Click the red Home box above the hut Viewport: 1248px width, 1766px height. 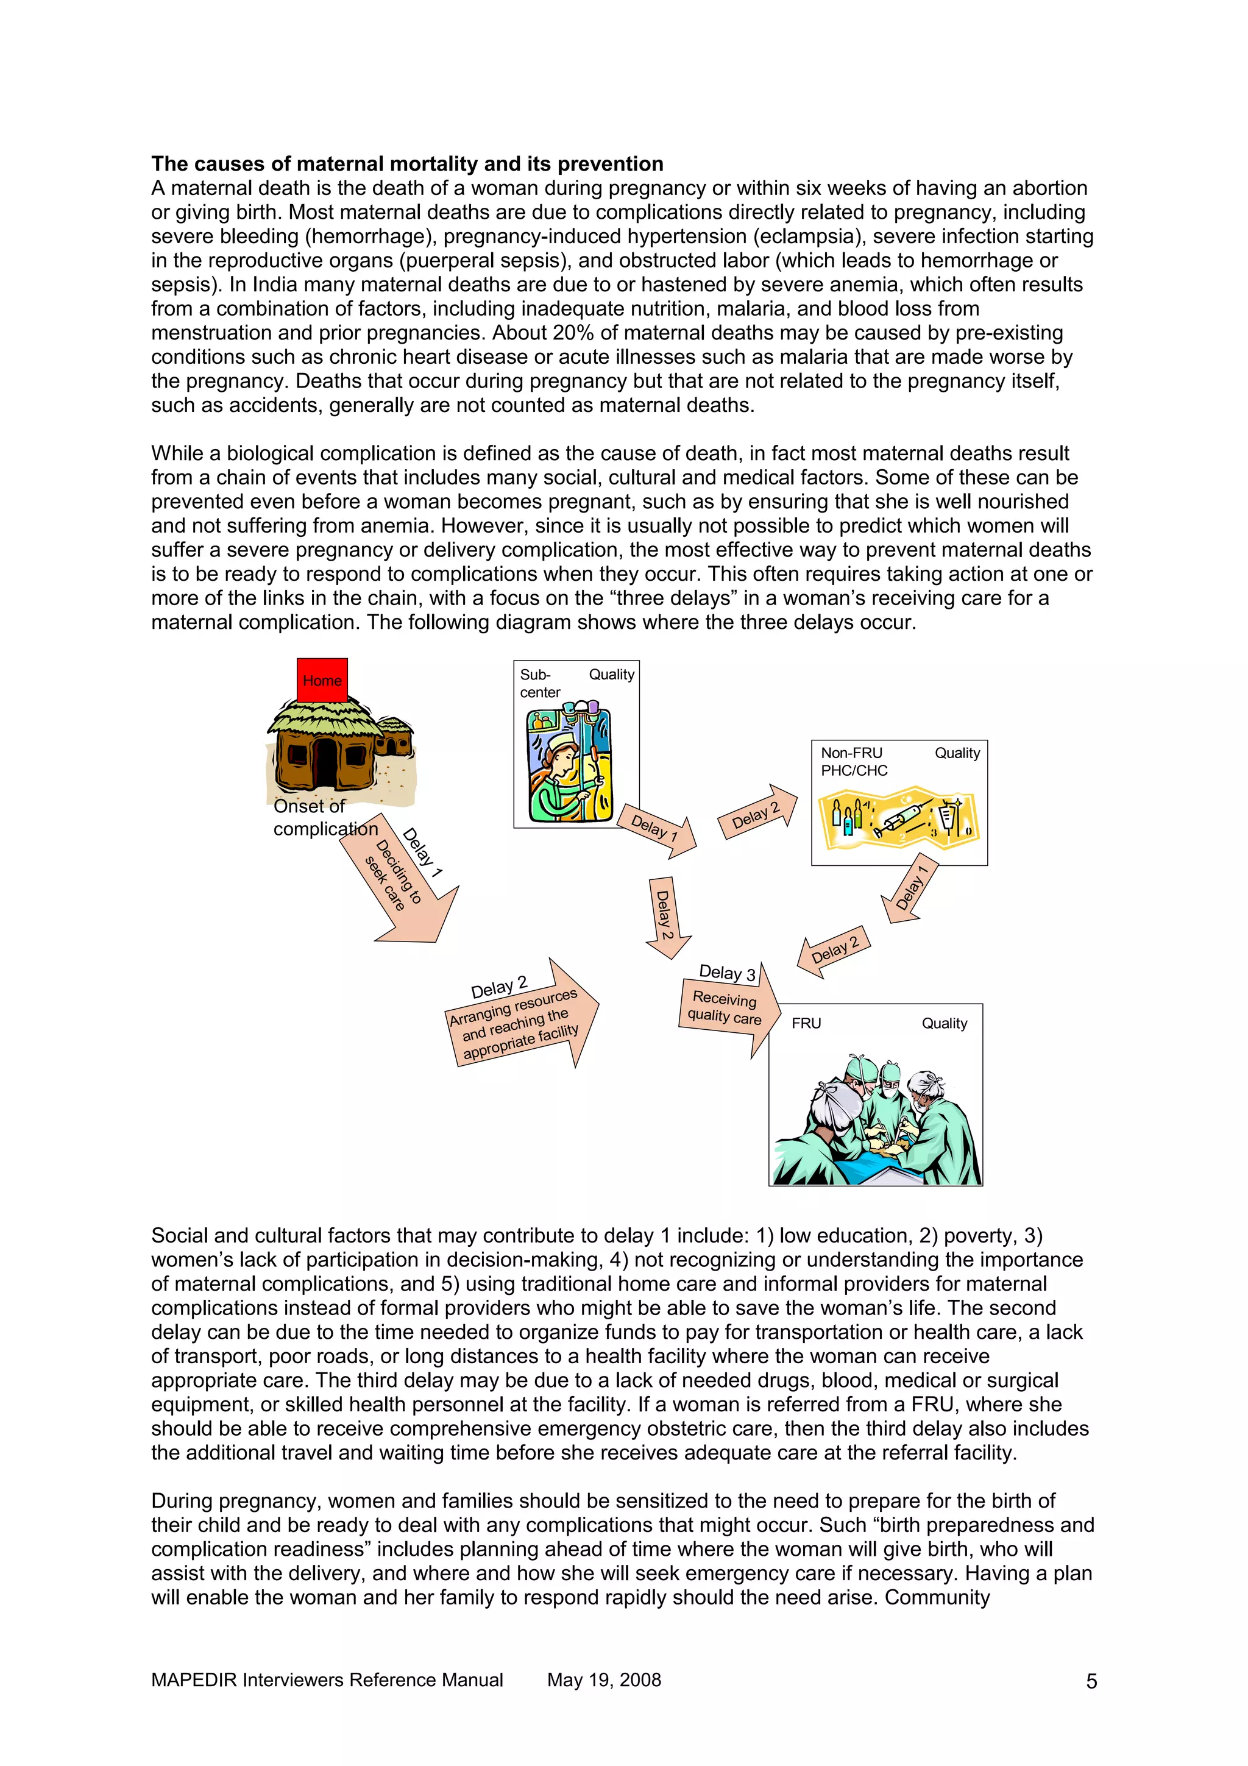pos(322,680)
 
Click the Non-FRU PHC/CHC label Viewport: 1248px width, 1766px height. pos(854,762)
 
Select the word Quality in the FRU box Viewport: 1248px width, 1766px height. pos(945,1023)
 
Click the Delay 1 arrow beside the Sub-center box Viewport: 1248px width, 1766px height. pos(658,829)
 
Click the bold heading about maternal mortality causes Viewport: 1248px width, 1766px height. pos(407,164)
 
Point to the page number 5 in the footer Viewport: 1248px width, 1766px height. pos(1091,1682)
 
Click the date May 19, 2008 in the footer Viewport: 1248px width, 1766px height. pos(604,1680)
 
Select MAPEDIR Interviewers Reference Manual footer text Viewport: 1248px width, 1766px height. pos(327,1680)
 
